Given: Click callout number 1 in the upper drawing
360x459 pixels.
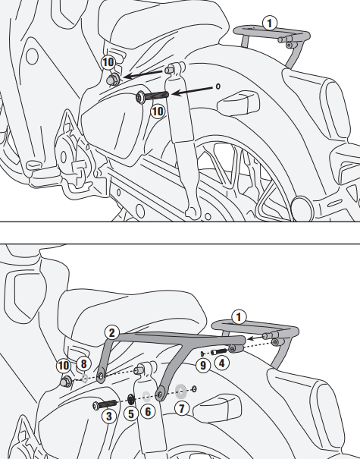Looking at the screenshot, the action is click(270, 24).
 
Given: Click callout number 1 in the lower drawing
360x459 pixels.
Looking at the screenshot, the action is click(239, 317).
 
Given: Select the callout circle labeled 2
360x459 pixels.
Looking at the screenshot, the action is click(111, 333).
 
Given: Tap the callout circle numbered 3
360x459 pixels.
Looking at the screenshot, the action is click(109, 416).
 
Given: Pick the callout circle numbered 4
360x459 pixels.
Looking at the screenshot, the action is click(221, 363).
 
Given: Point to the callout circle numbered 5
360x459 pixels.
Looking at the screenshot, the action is click(130, 414).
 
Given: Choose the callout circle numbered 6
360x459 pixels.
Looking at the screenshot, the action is click(148, 411).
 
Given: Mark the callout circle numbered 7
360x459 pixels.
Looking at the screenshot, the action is click(182, 408).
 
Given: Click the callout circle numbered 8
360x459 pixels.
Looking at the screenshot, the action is click(83, 364).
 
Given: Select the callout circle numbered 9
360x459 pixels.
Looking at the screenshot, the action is click(202, 366).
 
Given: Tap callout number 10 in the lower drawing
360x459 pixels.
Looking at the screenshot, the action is click(64, 366).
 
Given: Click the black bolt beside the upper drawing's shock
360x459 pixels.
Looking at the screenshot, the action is click(152, 96).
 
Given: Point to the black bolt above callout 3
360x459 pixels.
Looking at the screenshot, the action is click(105, 405).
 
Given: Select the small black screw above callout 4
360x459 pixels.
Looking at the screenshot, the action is click(218, 351).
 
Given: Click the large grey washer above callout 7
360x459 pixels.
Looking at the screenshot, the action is click(180, 391).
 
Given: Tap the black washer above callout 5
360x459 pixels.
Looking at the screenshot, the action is click(130, 398).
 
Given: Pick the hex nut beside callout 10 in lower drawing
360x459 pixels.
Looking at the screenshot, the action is click(65, 382).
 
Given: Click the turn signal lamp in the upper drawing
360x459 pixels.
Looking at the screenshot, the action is click(238, 103).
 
